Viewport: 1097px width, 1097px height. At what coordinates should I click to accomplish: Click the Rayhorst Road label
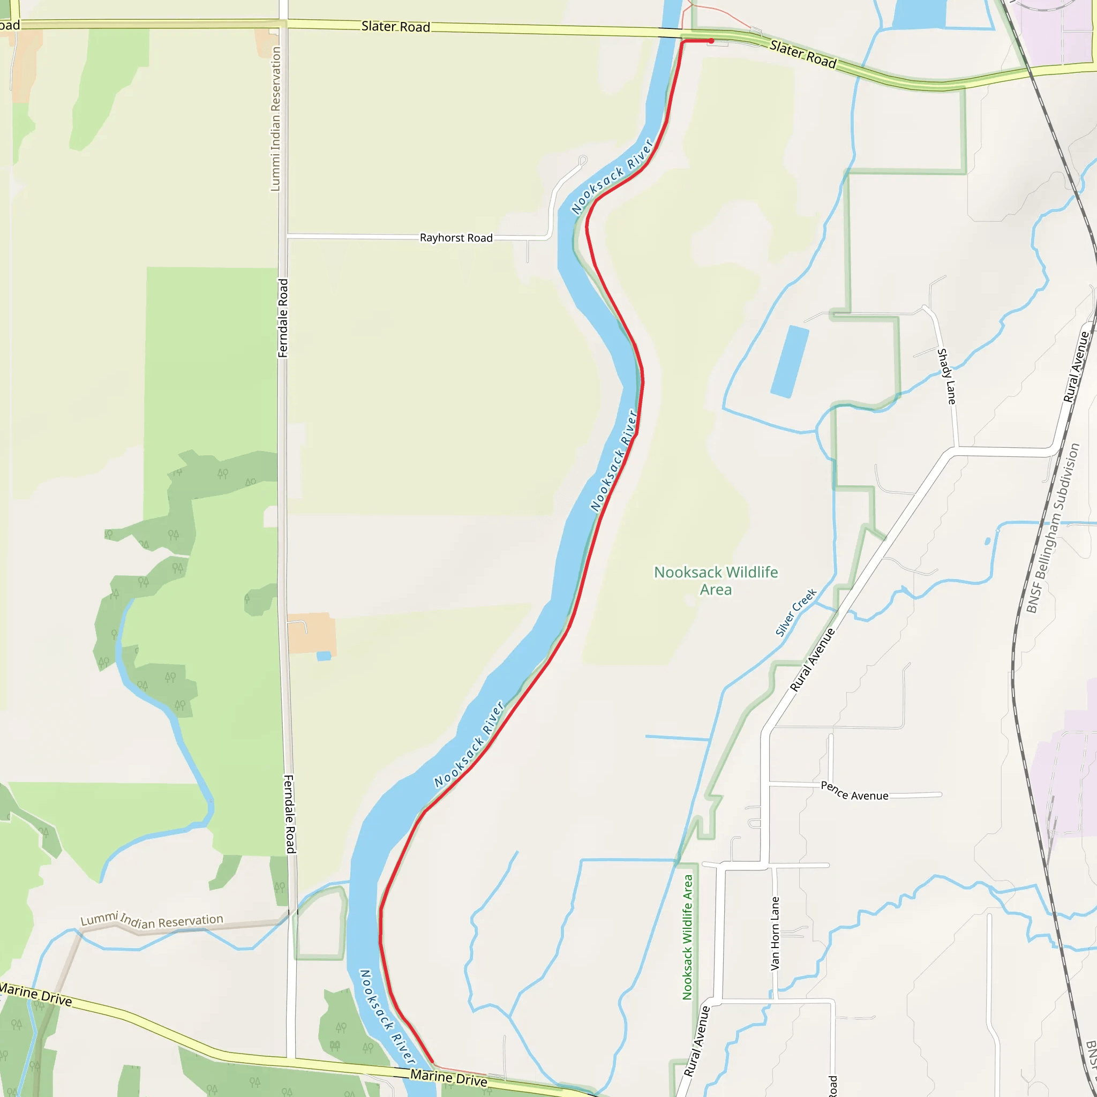456,238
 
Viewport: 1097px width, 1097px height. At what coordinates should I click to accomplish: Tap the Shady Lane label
946,376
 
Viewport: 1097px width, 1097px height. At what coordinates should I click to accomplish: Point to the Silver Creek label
796,612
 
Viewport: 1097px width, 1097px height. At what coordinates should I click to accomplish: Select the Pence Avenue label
854,792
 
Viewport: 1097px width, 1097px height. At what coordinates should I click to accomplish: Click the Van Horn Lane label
775,934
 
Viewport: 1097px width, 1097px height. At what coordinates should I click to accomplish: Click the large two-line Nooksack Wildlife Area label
716,581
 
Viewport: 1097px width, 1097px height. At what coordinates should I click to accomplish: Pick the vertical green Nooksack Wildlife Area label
688,937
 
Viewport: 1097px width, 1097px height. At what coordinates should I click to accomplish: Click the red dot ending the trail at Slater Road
711,41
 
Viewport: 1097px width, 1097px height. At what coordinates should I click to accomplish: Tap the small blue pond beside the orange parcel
324,656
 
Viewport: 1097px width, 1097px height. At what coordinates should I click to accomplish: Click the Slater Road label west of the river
396,27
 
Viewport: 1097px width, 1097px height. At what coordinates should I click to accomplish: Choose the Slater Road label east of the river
803,54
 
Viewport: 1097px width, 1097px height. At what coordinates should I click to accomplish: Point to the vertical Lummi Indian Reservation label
275,119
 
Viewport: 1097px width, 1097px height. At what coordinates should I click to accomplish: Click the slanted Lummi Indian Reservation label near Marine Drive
152,920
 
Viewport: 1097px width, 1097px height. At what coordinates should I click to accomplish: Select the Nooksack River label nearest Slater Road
613,177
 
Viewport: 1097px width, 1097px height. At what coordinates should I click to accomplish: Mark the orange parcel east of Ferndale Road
311,633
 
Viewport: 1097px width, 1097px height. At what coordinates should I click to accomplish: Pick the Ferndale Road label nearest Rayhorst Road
283,318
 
